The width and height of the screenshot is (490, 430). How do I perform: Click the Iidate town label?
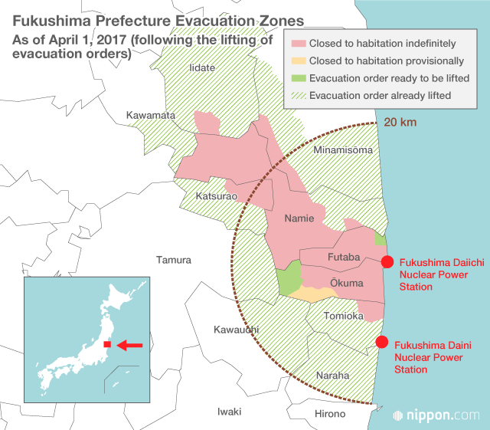202,68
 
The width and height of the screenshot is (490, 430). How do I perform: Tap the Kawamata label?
151,116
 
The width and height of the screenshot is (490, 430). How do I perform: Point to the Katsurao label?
211,196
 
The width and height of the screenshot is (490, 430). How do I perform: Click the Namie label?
299,218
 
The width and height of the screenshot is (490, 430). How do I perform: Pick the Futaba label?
343,257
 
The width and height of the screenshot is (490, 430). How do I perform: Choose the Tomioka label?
342,316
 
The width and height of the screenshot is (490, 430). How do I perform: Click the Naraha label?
332,376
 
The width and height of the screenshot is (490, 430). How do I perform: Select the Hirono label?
330,414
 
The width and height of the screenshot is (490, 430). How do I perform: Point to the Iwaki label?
230,411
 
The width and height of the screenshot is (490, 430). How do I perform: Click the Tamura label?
174,260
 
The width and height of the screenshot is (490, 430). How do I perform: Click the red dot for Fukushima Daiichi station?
387,262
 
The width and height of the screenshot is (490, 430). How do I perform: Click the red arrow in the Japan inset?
129,346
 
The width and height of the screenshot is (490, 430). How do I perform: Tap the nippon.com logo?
437,415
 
